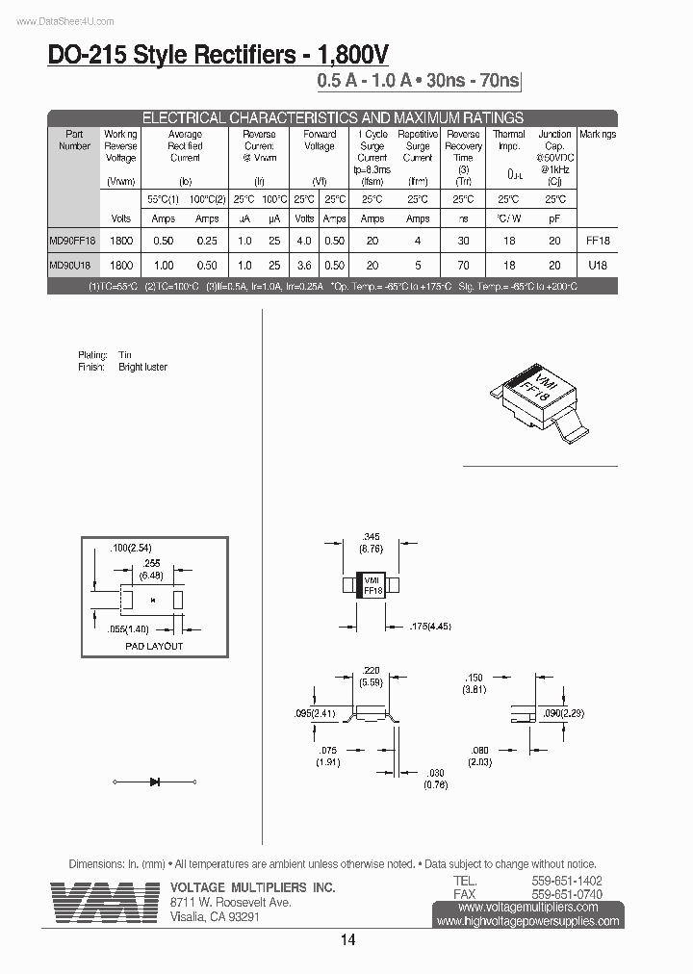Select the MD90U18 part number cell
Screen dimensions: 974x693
pyautogui.click(x=69, y=265)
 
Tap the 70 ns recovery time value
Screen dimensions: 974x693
pyautogui.click(x=463, y=265)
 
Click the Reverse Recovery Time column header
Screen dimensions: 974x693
pyautogui.click(x=463, y=145)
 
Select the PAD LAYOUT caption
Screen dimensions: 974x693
pyautogui.click(x=154, y=646)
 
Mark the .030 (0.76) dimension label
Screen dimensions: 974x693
pyautogui.click(x=436, y=778)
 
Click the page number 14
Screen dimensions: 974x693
pyautogui.click(x=347, y=940)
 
